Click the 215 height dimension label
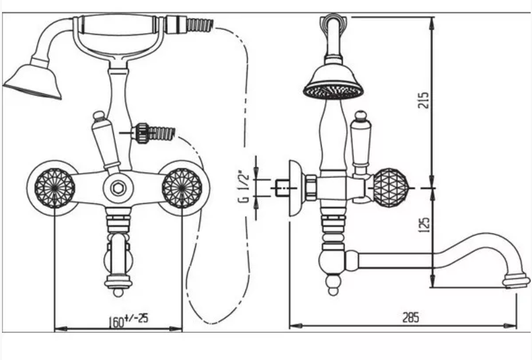click(424, 100)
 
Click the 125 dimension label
click(424, 225)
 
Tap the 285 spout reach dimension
click(410, 318)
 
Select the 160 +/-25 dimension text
click(128, 320)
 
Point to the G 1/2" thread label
click(244, 188)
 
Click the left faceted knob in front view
click(55, 188)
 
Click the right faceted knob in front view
click(182, 188)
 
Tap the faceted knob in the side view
click(390, 188)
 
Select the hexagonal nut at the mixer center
click(118, 188)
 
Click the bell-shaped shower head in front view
click(33, 81)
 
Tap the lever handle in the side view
click(360, 143)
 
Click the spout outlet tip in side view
click(515, 281)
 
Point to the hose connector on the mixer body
click(143, 133)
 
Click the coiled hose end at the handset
click(200, 25)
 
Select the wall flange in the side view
click(296, 188)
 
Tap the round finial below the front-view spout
click(118, 291)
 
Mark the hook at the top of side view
click(333, 22)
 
